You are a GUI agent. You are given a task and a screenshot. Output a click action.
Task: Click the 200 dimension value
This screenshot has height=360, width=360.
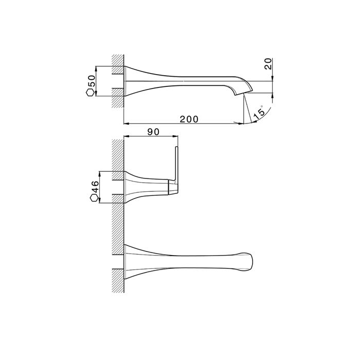[189, 119]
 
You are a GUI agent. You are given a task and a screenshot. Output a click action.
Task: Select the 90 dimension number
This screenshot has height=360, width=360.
[153, 132]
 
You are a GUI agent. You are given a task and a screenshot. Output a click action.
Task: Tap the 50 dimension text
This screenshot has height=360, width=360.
[92, 81]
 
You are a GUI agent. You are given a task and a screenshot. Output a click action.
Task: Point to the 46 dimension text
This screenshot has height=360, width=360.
[95, 187]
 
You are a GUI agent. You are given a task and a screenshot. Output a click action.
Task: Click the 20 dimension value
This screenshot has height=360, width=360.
[268, 64]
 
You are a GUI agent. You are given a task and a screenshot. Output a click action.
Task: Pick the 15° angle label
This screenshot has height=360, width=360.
[259, 113]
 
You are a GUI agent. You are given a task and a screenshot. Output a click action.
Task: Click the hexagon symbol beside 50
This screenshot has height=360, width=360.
[90, 93]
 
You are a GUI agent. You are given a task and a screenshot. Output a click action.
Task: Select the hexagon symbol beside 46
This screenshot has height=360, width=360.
[94, 198]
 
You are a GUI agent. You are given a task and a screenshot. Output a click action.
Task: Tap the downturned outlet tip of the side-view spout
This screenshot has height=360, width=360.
[239, 94]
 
